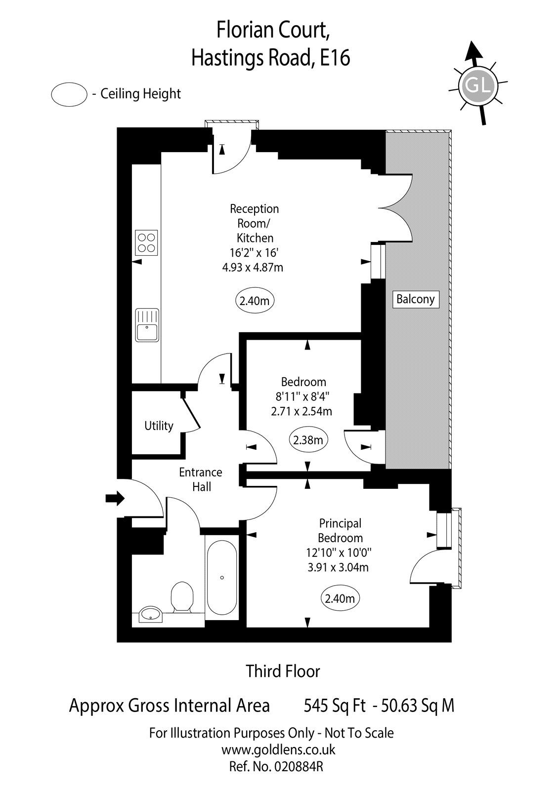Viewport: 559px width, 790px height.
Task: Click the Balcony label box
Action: pyautogui.click(x=415, y=299)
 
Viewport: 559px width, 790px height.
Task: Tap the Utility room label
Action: pyautogui.click(x=159, y=426)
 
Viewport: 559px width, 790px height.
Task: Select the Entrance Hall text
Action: pyautogui.click(x=200, y=479)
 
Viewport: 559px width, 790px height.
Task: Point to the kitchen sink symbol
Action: pyautogui.click(x=147, y=325)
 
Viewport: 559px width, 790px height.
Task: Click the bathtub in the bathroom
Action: pyautogui.click(x=222, y=578)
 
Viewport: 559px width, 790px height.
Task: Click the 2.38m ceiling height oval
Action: pyautogui.click(x=308, y=440)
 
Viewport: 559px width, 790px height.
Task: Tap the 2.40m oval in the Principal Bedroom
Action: pyautogui.click(x=340, y=598)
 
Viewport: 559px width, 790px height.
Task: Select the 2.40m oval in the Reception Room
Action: pyautogui.click(x=254, y=300)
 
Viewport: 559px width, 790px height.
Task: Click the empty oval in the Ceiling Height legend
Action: pyautogui.click(x=69, y=94)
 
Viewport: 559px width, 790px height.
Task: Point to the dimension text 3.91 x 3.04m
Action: pyautogui.click(x=338, y=567)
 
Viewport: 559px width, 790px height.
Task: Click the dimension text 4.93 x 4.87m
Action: pyautogui.click(x=253, y=268)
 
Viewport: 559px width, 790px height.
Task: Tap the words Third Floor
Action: pyautogui.click(x=283, y=671)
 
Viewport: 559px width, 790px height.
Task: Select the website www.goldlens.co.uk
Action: pyautogui.click(x=278, y=750)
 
